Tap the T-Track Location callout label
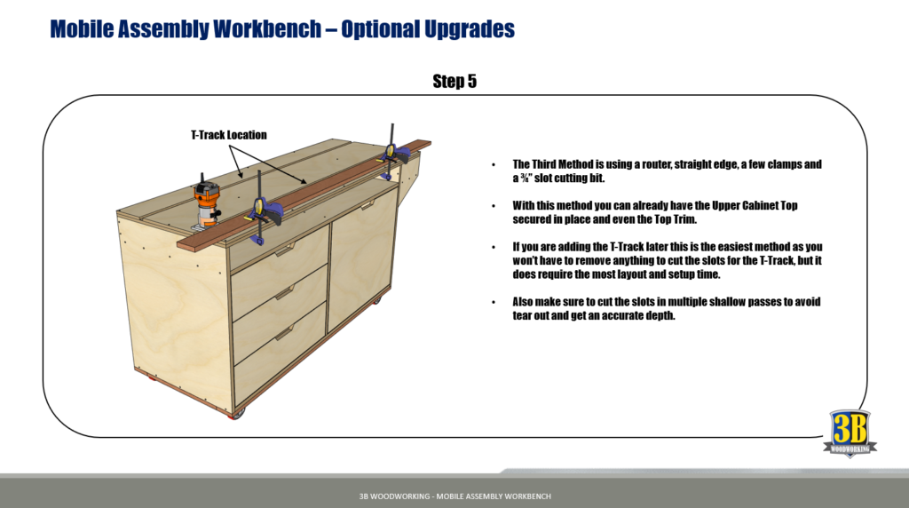click(228, 135)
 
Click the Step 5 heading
click(454, 82)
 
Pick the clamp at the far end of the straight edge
click(390, 155)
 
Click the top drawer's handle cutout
click(284, 252)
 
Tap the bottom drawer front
click(277, 352)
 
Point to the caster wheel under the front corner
click(236, 414)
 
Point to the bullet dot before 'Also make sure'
click(494, 302)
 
